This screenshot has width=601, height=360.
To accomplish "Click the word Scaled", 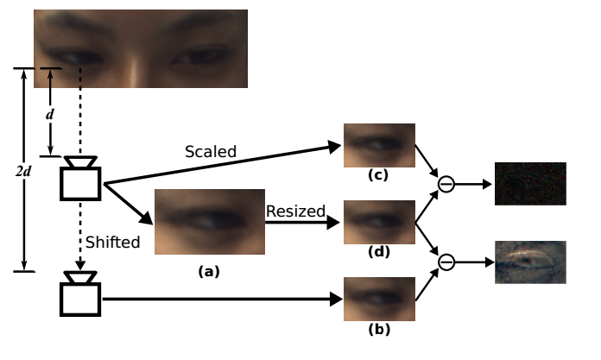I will (x=211, y=151).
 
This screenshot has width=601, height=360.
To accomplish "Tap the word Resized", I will (x=295, y=211).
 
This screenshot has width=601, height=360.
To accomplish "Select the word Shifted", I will (x=114, y=243).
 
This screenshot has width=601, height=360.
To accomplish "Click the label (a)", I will (x=208, y=271).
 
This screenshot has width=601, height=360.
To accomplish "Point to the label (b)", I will (x=378, y=330).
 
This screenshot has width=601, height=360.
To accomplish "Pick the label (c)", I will (x=378, y=175).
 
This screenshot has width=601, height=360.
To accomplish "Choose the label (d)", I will (x=378, y=252).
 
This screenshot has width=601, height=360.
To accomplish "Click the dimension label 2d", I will (x=23, y=170).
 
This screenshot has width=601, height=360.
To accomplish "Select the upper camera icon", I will (x=81, y=180).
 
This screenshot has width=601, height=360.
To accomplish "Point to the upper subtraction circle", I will (x=446, y=183).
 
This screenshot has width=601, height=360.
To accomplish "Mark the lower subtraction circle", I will (x=446, y=261).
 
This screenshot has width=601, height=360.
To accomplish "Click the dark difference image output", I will (x=530, y=183).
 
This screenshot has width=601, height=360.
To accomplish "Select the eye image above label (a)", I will (x=209, y=222).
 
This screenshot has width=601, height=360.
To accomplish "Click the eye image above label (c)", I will (x=379, y=144).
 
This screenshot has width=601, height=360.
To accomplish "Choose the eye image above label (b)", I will (x=379, y=299).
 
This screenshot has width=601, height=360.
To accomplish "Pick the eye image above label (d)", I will (x=379, y=222).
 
